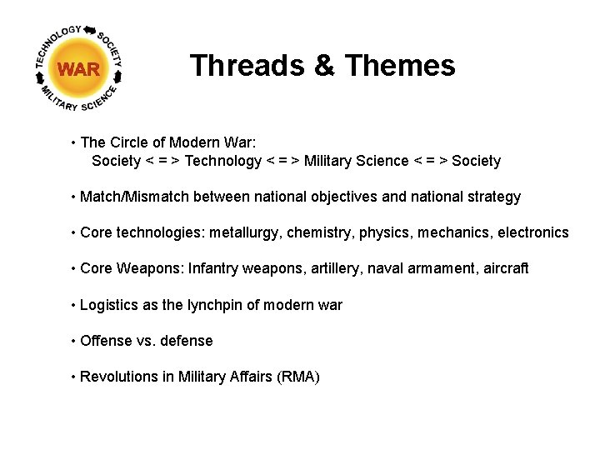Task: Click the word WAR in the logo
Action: click(79, 69)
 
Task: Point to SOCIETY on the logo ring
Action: click(112, 49)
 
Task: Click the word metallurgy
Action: click(245, 233)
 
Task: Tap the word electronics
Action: click(532, 233)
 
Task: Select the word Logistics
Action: click(109, 305)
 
